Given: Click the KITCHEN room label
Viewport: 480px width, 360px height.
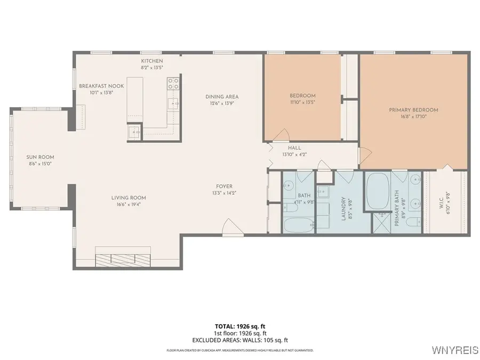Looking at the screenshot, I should click(151, 61).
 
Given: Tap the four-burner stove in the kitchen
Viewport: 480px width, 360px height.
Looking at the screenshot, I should click(173, 83).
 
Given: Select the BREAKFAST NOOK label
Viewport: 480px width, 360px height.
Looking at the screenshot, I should click(101, 86).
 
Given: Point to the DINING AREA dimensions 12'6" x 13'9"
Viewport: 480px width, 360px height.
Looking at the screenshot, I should click(220, 103).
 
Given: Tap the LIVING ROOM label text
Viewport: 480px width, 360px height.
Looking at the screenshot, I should click(131, 197).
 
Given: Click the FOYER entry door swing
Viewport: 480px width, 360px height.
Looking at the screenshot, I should click(228, 227).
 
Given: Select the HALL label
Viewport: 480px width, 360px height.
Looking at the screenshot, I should click(294, 148).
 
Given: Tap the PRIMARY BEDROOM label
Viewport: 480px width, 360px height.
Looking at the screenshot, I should click(413, 110).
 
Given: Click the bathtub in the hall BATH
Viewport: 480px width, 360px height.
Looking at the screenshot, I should click(298, 225).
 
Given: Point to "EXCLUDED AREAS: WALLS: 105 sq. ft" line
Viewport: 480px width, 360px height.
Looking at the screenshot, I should click(240, 340).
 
